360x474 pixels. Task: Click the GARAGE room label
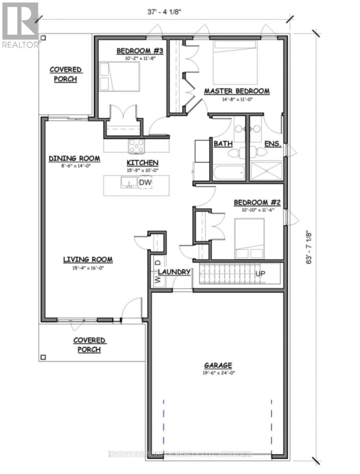click(218, 365)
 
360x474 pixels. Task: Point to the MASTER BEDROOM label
click(236, 91)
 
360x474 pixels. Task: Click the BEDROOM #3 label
click(134, 51)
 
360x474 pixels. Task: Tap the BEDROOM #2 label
click(257, 203)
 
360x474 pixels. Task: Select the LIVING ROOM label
click(88, 260)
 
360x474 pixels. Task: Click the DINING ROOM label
click(74, 158)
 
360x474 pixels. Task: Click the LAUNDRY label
click(174, 272)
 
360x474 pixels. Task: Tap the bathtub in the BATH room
click(228, 173)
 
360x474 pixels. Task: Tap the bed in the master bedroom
click(235, 61)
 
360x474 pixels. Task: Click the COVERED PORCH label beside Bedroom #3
click(66, 74)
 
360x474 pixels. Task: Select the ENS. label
click(273, 144)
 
